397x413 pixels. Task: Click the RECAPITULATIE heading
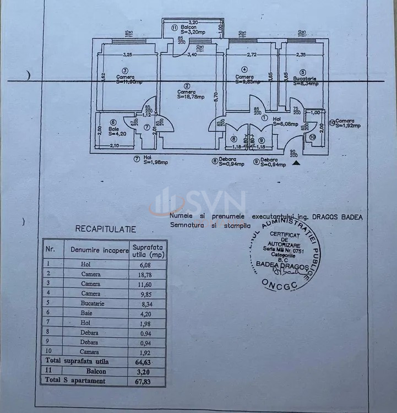(105, 229)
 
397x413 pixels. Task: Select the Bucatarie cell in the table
(90, 303)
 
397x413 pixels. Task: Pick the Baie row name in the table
(90, 313)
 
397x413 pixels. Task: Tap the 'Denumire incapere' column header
(96, 249)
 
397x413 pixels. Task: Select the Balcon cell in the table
(90, 371)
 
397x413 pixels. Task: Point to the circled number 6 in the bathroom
(113, 123)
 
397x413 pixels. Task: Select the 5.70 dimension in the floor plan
(218, 99)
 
